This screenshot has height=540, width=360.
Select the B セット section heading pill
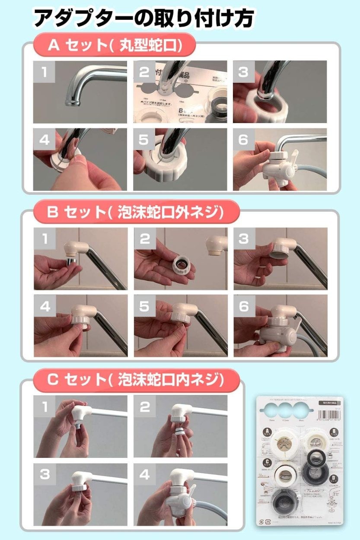click(x=136, y=212)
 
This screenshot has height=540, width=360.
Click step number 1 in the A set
click(x=44, y=72)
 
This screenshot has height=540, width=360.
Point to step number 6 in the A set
click(x=243, y=139)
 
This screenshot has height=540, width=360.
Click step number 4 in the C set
click(x=144, y=475)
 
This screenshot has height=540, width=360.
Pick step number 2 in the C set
click(x=144, y=407)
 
